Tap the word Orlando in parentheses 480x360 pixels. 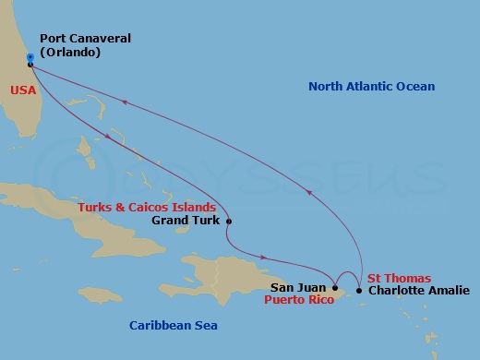69,53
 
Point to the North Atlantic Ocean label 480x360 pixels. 370,87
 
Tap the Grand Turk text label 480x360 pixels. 185,222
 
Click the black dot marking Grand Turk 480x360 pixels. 229,222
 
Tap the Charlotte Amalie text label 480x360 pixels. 418,290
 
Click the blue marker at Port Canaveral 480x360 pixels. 30,58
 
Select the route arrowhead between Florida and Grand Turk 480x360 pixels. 111,139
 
